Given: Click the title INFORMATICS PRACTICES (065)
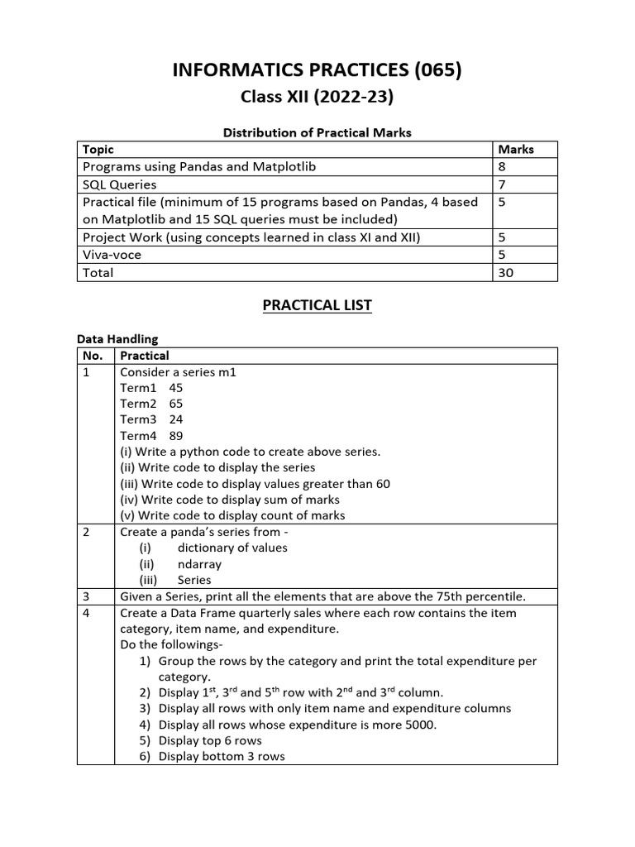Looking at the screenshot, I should pyautogui.click(x=317, y=71).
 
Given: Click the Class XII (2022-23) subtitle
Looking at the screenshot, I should pyautogui.click(x=317, y=98).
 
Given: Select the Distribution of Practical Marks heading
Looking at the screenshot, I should pyautogui.click(x=317, y=132).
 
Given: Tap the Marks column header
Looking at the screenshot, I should pyautogui.click(x=516, y=150).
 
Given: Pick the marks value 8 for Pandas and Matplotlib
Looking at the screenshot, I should pyautogui.click(x=502, y=166).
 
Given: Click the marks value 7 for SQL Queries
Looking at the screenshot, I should pyautogui.click(x=502, y=184).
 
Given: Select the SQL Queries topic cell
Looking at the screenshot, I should pyautogui.click(x=119, y=184).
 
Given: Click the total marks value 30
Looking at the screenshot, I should pyautogui.click(x=505, y=272).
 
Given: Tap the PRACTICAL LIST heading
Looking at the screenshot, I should pyautogui.click(x=317, y=305).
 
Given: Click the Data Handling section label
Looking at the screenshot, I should pyautogui.click(x=117, y=339).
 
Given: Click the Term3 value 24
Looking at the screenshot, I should pyautogui.click(x=175, y=419).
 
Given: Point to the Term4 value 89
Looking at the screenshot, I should pyautogui.click(x=175, y=436).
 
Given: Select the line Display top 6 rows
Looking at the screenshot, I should pyautogui.click(x=210, y=740).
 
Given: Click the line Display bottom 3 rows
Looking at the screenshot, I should pyautogui.click(x=222, y=756).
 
